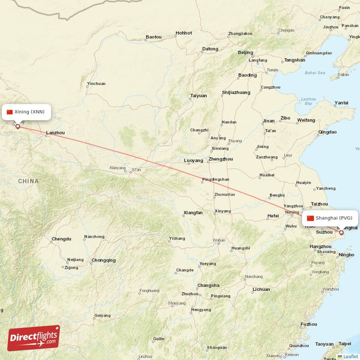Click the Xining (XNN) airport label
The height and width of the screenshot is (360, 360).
pos(29,112)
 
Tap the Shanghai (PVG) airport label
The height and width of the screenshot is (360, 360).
pos(333,218)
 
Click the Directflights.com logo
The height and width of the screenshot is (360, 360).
pos(34,338)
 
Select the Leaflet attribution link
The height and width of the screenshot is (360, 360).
pos(351,356)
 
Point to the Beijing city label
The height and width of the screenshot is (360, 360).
pos(245,52)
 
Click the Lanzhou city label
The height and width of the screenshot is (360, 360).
pos(55,133)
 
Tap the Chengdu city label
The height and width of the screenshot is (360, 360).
pos(61,239)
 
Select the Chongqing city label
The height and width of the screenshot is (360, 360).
pos(103,260)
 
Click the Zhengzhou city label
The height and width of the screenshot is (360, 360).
pos(220,159)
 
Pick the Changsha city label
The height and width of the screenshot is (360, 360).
pos(208,285)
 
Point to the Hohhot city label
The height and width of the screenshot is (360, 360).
pos(184,33)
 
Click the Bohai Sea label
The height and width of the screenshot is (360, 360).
pos(315,72)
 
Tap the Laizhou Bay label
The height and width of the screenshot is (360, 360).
pos(308,101)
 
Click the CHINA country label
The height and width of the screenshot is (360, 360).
pos(28,181)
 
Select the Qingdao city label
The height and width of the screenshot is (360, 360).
pos(327,132)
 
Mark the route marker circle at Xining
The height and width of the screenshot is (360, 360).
pos(18,126)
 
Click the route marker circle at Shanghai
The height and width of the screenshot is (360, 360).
pos(341,233)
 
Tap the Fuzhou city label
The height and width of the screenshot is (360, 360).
pos(309,324)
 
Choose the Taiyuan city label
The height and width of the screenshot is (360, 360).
pos(198,95)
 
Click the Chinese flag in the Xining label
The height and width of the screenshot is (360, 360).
pos(9,112)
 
